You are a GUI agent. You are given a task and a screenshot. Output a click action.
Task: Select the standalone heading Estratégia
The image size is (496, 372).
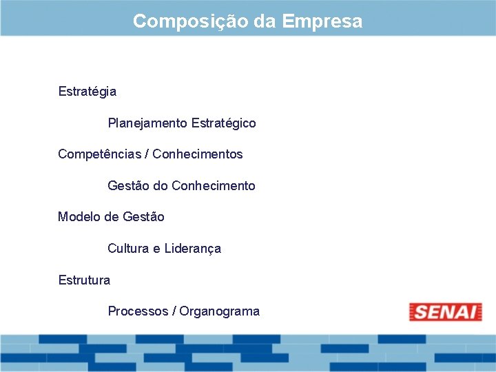pos(87,92)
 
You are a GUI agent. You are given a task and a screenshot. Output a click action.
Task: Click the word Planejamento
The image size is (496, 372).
pos(147,123)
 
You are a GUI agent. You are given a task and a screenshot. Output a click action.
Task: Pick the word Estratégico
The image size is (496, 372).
pos(223,123)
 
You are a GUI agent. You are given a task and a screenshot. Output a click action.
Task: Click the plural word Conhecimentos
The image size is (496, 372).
pos(198,154)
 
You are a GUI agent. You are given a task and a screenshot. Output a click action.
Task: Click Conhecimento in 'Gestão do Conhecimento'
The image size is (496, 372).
pos(214,186)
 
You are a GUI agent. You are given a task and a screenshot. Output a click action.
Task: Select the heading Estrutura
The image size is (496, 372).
pos(84,280)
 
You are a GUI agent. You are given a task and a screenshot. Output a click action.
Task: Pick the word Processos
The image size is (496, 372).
pos(137,311)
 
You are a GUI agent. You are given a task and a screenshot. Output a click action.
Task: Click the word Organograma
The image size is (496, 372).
pos(220,311)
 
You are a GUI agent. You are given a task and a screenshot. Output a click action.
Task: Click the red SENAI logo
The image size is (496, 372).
pos(445,312)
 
